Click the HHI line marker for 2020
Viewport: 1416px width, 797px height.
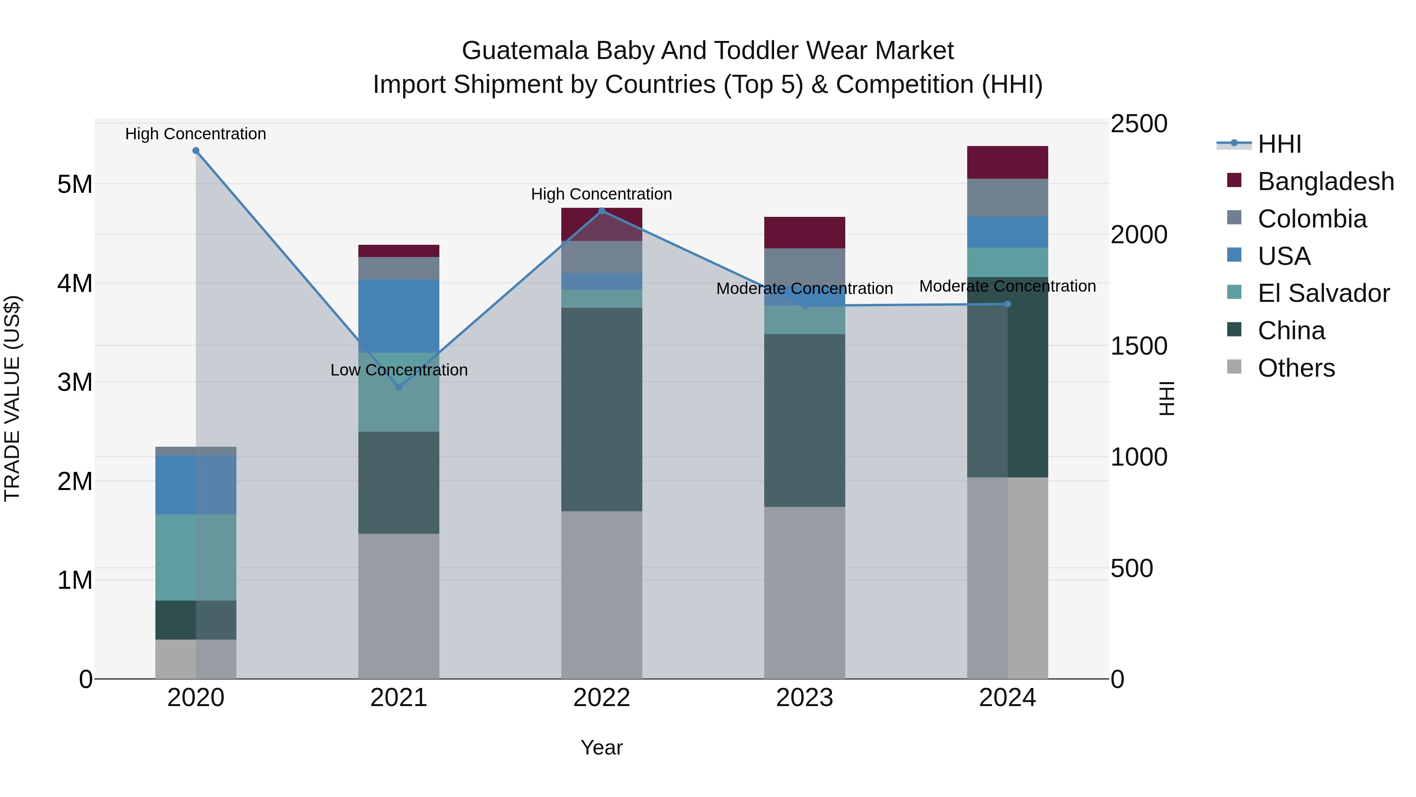[x=196, y=151]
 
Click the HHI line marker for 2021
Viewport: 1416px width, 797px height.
[x=399, y=387]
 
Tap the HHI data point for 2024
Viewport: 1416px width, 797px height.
[x=1008, y=304]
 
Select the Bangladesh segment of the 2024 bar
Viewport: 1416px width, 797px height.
[x=1008, y=163]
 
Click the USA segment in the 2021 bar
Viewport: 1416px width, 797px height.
[x=399, y=316]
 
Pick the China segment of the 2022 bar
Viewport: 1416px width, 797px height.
[x=601, y=410]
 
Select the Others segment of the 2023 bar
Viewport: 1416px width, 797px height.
[x=805, y=593]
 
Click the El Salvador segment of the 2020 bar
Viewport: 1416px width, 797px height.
[x=196, y=557]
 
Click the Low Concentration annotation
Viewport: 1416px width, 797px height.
[x=399, y=370]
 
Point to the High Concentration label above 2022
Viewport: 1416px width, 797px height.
[x=601, y=194]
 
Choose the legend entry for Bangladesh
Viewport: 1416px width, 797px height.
[x=1325, y=181]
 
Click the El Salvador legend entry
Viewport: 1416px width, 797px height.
[x=1323, y=293]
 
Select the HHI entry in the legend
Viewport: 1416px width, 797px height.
[x=1279, y=144]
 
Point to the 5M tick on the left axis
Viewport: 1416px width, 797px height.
[x=75, y=184]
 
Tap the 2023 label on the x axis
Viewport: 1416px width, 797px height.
[x=805, y=698]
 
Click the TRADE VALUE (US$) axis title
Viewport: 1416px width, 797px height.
[x=12, y=398]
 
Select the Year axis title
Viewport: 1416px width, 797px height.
[x=601, y=747]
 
